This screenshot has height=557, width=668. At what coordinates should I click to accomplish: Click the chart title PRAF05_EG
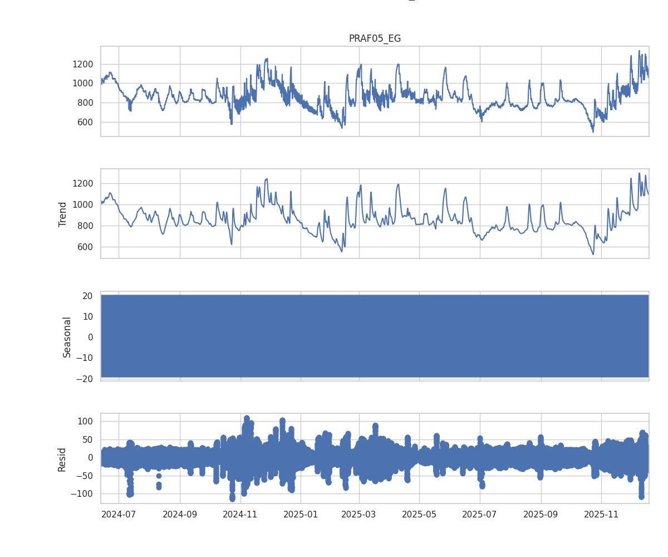pos(375,38)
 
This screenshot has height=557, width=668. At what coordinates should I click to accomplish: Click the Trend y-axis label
pos(62,214)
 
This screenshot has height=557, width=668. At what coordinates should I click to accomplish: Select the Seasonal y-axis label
pos(67,336)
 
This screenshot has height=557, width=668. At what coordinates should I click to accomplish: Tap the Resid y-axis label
pos(62,459)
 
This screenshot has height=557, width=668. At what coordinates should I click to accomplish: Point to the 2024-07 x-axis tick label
pos(119,514)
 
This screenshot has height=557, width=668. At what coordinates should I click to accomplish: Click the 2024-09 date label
pos(180,514)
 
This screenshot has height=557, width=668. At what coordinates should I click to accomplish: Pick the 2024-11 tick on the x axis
pos(240,514)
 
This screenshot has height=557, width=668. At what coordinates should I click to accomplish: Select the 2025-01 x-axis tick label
pos(301,514)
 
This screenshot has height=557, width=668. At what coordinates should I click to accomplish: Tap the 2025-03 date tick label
pos(359,514)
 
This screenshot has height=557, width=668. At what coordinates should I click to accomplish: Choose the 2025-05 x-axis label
pos(419,514)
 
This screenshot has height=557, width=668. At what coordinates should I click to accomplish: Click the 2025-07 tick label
pos(480,514)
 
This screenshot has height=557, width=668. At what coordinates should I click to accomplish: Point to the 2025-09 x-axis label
pos(541,514)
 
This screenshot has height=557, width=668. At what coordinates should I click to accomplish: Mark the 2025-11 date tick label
pos(602,514)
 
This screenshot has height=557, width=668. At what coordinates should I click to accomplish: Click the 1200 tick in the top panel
pos(82,64)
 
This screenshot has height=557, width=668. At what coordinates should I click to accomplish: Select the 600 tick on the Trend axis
pos(85,247)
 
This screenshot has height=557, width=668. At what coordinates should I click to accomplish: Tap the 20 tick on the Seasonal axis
pos(87,296)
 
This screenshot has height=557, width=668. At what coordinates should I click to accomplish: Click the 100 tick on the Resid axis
pos(85,421)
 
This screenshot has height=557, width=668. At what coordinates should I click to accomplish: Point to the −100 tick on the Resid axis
pos(82,494)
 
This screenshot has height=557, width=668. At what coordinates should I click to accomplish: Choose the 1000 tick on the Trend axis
pos(82,204)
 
